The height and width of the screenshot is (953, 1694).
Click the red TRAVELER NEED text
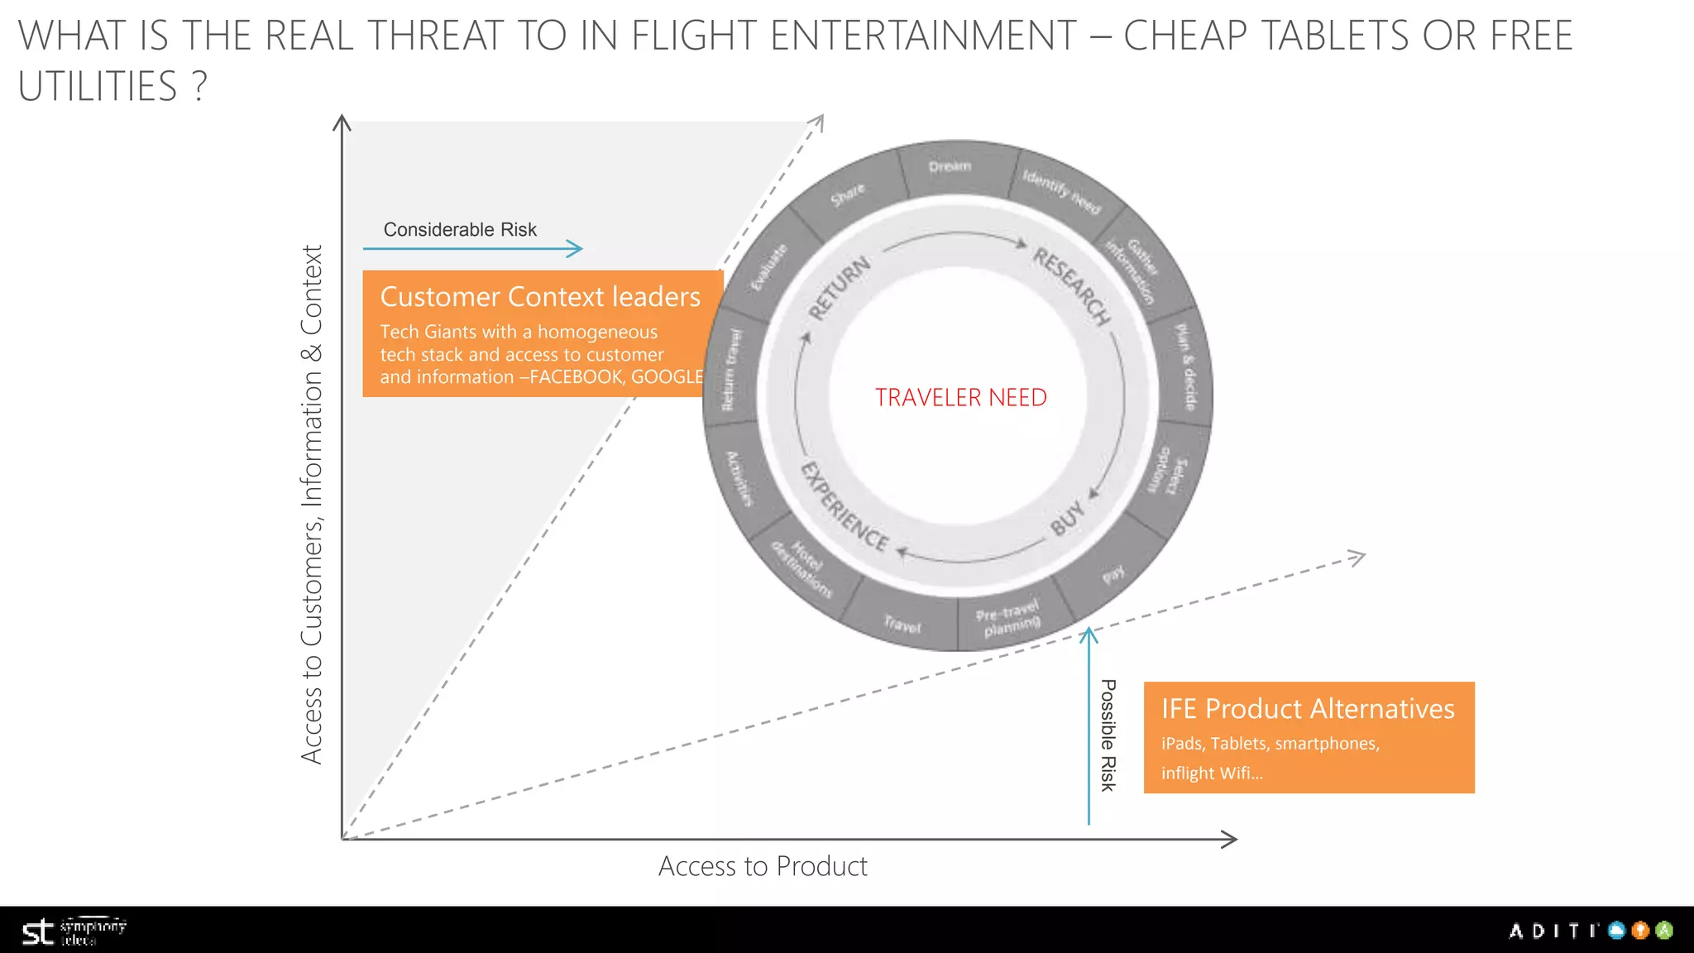pyautogui.click(x=960, y=398)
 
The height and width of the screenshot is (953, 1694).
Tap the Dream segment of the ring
pyautogui.click(x=950, y=167)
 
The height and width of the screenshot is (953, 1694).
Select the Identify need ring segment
pyautogui.click(x=1061, y=191)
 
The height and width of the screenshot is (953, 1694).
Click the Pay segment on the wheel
pyautogui.click(x=1113, y=573)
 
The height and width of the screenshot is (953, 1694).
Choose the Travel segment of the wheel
pyautogui.click(x=902, y=625)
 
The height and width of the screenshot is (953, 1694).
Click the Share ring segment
pyautogui.click(x=847, y=194)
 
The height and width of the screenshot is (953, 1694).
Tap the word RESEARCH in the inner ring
pyautogui.click(x=1072, y=286)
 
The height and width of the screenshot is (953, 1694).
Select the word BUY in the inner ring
pyautogui.click(x=1067, y=518)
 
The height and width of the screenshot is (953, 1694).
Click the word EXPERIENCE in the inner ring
pyautogui.click(x=845, y=507)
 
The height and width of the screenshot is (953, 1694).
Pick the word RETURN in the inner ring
pyautogui.click(x=840, y=288)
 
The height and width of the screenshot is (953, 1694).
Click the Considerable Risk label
pyautogui.click(x=460, y=230)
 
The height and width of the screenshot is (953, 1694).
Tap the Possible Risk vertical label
pyautogui.click(x=1108, y=735)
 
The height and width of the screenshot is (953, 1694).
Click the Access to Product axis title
pyautogui.click(x=762, y=866)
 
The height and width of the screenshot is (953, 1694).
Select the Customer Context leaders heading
pyautogui.click(x=539, y=297)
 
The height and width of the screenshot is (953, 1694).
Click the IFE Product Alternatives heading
pyautogui.click(x=1307, y=709)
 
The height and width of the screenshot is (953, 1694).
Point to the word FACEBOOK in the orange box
pyautogui.click(x=576, y=377)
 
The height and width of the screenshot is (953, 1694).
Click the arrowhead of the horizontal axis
pyautogui.click(x=1230, y=839)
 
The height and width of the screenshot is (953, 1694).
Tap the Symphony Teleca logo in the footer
pyautogui.click(x=73, y=931)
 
